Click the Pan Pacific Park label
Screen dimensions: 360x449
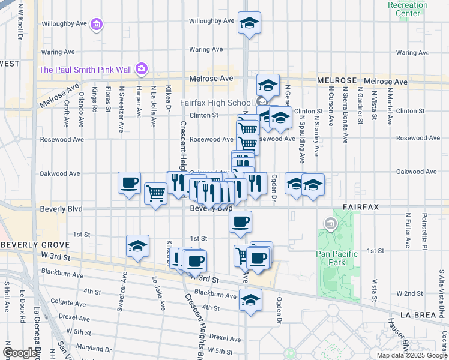coord(336,258)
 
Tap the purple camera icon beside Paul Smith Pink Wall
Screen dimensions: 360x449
coord(142,69)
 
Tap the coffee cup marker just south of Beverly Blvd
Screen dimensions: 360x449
coord(240,222)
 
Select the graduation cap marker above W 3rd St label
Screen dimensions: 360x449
coord(137,246)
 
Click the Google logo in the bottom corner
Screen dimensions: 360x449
coord(20,353)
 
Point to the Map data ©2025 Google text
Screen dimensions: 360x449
coord(411,355)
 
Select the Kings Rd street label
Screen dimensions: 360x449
coord(95,100)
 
